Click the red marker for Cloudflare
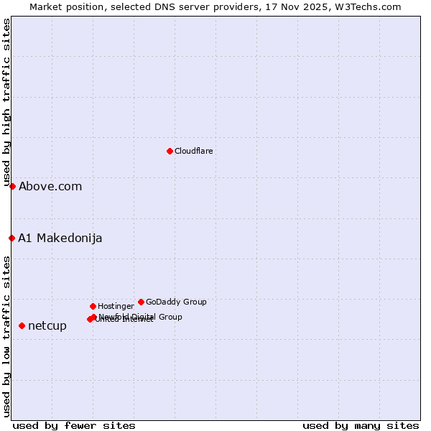(x=170, y=151)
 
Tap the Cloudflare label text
(x=194, y=151)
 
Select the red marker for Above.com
(x=12, y=186)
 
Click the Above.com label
(x=50, y=187)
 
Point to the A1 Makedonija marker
(x=11, y=238)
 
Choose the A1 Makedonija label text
(x=60, y=238)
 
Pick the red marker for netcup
(x=22, y=325)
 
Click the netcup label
(x=47, y=326)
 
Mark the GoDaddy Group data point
(x=141, y=302)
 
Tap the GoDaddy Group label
(x=176, y=302)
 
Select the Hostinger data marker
(x=93, y=306)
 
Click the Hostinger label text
(x=116, y=306)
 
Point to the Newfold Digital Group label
(x=141, y=316)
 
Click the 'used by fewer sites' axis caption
(x=74, y=425)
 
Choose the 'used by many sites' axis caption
(x=361, y=425)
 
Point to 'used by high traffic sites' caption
(x=6, y=103)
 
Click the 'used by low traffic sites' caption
(x=6, y=335)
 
